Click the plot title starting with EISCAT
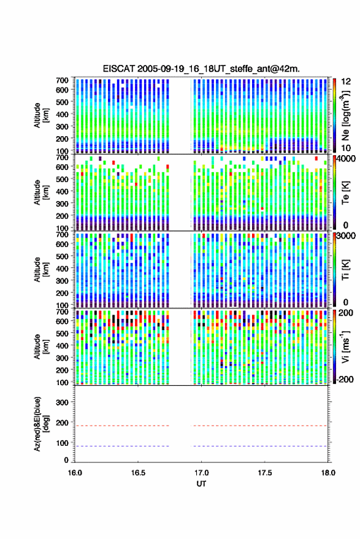pos(202,69)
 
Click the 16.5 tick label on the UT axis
pos(138,473)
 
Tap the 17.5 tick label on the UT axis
pos(265,473)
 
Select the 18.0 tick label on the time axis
pos(328,473)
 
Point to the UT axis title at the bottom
pos(202,484)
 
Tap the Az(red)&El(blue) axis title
pos(41,424)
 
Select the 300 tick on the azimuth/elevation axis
pos(62,402)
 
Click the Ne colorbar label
pos(346,115)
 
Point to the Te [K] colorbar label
pos(345,193)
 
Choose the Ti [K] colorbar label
pos(345,270)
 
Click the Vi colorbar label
pos(346,346)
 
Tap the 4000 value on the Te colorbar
pos(346,159)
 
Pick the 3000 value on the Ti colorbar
pos(346,236)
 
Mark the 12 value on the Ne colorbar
pos(346,82)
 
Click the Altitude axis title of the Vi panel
pos(41,346)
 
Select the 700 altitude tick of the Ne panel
pos(62,80)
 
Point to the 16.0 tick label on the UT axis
pos(75,473)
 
